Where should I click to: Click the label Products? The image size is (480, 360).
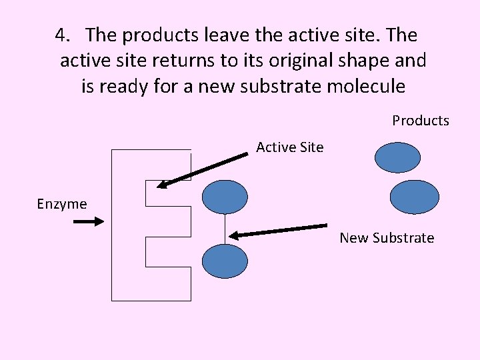[x=420, y=121]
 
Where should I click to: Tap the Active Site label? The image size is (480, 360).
[x=289, y=147]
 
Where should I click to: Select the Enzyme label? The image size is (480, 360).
[x=62, y=204]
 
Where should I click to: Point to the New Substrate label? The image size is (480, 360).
[x=387, y=238]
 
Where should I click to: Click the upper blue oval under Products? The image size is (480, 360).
[x=398, y=158]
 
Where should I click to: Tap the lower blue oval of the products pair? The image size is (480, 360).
[x=414, y=197]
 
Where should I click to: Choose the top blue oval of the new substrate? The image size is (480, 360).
[x=225, y=197]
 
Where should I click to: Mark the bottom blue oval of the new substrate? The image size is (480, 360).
[x=225, y=261]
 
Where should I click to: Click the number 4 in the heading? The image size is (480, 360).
[x=61, y=34]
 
